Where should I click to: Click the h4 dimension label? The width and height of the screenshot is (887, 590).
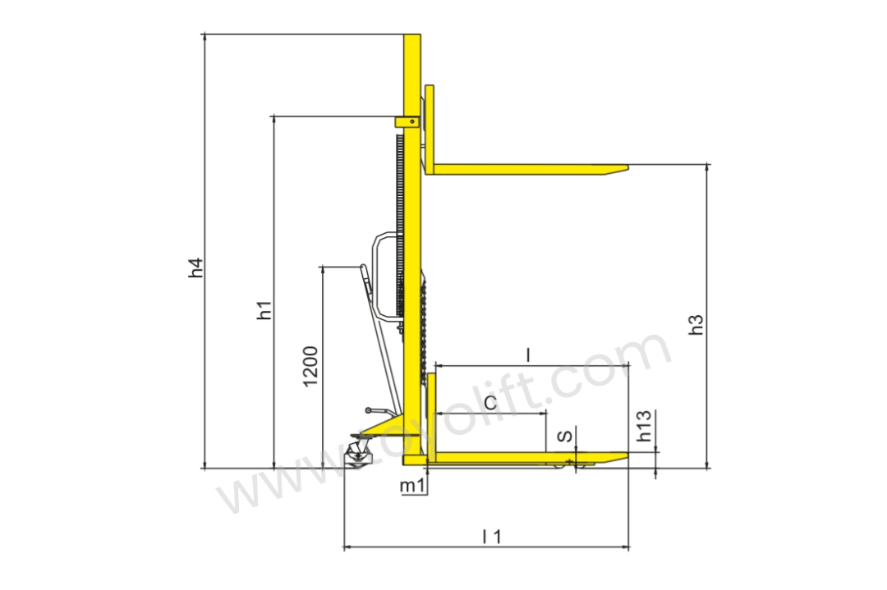195,268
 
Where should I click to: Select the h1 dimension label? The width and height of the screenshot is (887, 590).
264,310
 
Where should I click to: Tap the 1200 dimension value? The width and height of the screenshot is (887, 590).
310,366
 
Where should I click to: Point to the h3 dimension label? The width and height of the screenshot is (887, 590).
696,324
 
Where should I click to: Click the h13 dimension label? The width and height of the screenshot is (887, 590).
645,426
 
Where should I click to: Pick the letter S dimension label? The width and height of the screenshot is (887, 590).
565,437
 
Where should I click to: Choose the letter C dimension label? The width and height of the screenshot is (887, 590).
490,403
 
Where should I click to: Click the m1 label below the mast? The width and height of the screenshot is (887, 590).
412,486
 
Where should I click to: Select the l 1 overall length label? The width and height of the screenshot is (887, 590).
492,537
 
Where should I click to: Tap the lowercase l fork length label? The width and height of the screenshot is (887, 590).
528,355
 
